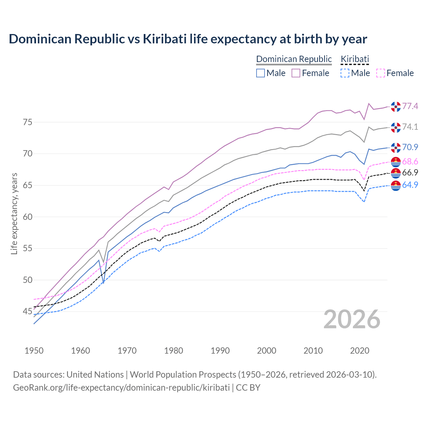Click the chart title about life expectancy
pos(188,39)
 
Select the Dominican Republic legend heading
pos(294,59)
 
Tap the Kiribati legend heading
pos(355,59)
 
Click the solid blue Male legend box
pos(261,73)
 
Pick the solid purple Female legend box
pos(296,73)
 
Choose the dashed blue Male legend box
pos(345,73)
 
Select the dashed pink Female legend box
pos(381,73)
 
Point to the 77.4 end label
pos(410,106)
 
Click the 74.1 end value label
pos(410,127)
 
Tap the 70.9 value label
pos(410,147)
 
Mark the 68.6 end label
pos(410,162)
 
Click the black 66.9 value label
pos(410,172)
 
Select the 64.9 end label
pos(410,185)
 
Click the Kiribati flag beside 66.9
pos(396,173)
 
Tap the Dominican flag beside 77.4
pos(396,107)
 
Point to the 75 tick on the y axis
pos(28,122)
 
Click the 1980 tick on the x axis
pos(174,351)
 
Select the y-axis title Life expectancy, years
pos(14,213)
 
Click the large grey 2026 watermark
pos(352,319)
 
